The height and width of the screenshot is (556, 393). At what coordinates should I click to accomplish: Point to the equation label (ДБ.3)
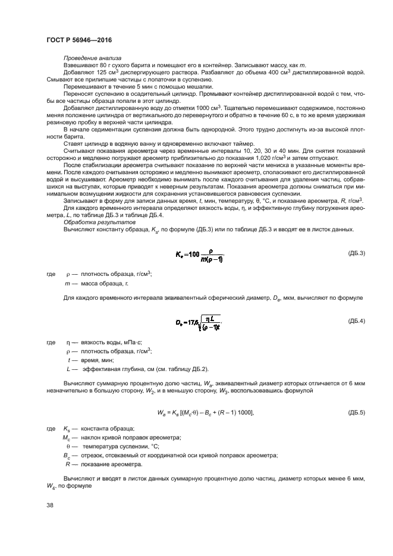[x=356, y=253]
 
